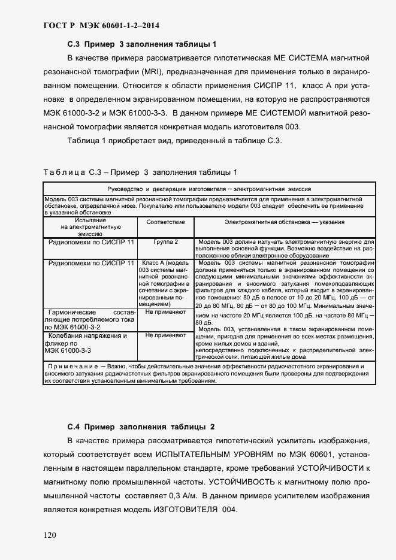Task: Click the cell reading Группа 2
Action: point(165,241)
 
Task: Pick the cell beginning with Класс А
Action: point(165,283)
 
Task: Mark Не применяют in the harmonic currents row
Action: point(165,313)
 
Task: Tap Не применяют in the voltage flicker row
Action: point(165,336)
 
